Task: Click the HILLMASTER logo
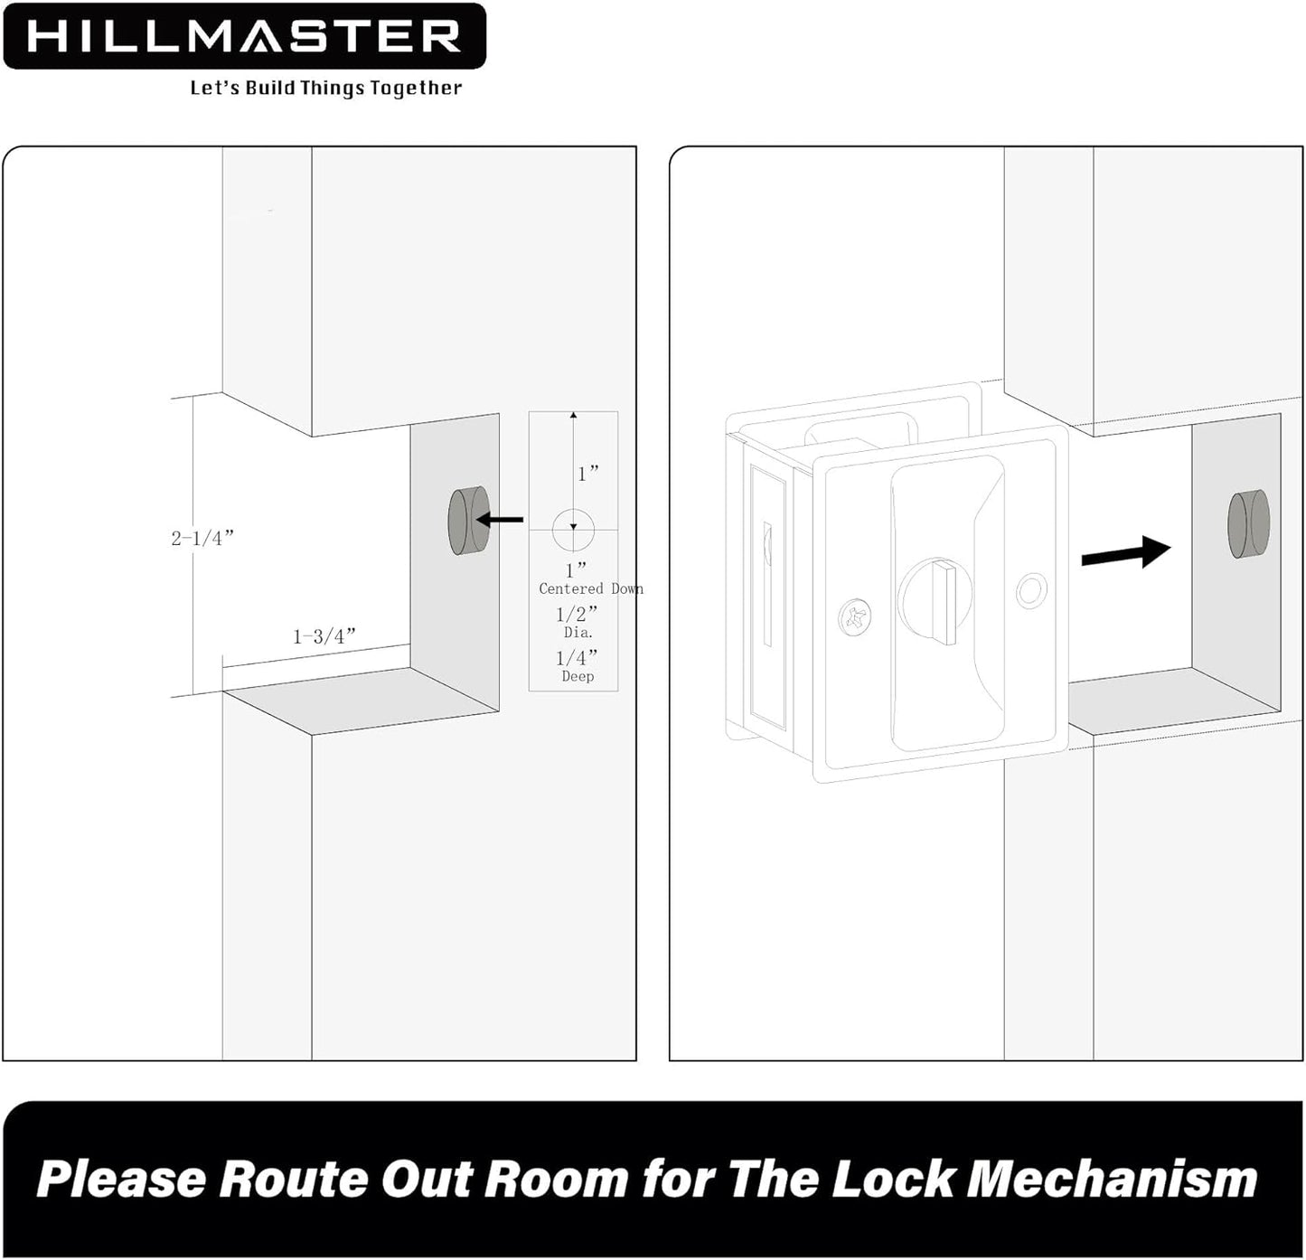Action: tap(244, 36)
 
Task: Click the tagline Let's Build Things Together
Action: tap(325, 88)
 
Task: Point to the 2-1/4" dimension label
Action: tap(202, 538)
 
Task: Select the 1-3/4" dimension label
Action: tap(324, 636)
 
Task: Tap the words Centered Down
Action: tap(590, 588)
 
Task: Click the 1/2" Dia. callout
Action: tap(577, 623)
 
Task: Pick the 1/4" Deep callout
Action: tap(577, 666)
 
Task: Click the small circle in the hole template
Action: tap(573, 529)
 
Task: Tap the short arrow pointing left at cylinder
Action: tap(500, 520)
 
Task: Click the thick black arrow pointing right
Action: tap(1125, 550)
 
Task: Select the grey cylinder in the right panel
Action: tap(1247, 524)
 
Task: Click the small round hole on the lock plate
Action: tap(1030, 592)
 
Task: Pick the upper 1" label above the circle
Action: tap(588, 474)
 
